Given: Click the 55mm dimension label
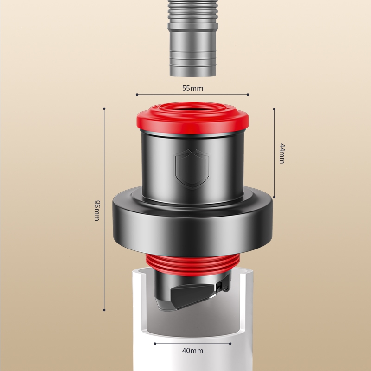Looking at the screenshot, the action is (x=192, y=88).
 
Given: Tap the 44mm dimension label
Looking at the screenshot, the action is (x=282, y=154).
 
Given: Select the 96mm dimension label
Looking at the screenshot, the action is (x=97, y=211).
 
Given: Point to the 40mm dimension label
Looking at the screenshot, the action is (x=192, y=351).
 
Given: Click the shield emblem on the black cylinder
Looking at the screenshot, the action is (x=192, y=169).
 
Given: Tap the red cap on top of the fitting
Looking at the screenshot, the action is (x=192, y=118).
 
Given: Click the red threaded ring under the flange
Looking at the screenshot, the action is (x=192, y=264).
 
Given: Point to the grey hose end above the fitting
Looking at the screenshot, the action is (x=192, y=38).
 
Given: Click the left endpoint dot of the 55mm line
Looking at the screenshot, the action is (x=137, y=95).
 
